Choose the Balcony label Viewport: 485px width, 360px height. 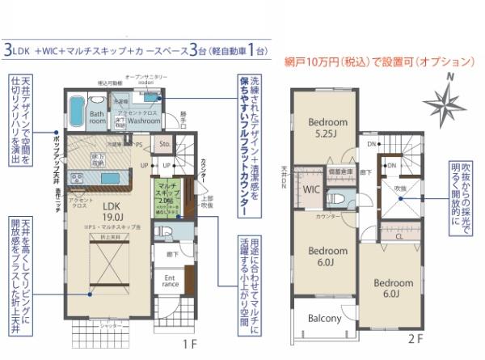[x=325, y=318]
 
